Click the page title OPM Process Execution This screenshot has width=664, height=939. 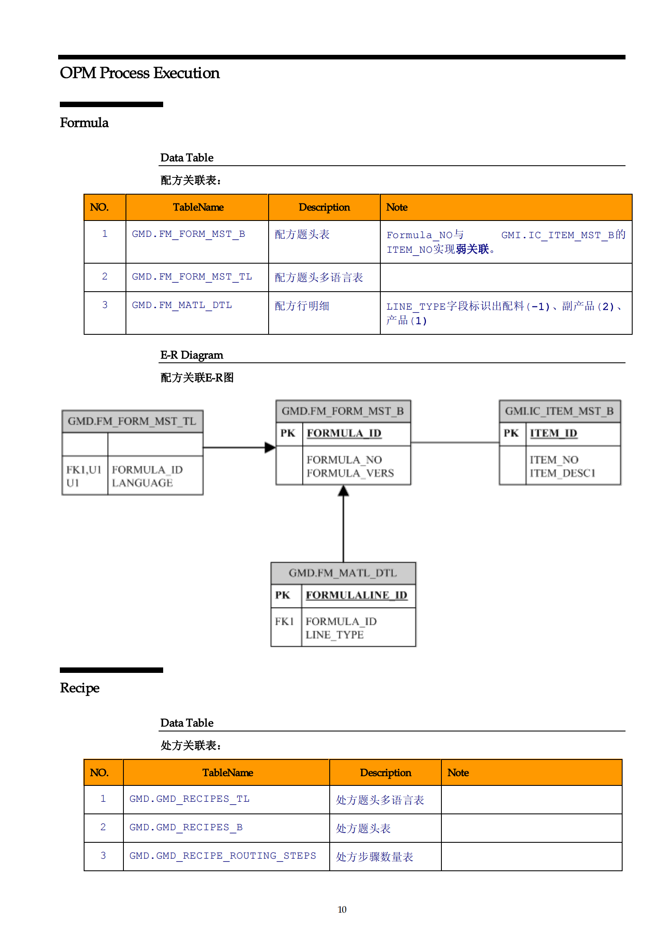(x=139, y=73)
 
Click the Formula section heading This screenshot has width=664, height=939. (x=84, y=123)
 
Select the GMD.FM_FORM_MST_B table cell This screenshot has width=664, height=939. (x=188, y=234)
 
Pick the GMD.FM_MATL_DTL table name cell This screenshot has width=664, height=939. (x=182, y=305)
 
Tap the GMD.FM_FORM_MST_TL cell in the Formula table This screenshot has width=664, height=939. (x=192, y=277)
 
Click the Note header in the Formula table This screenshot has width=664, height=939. (x=397, y=207)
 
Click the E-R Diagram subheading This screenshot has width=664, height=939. (x=192, y=355)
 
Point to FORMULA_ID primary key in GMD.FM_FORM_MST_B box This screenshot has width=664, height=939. (x=344, y=433)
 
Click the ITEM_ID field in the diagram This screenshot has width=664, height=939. (x=553, y=433)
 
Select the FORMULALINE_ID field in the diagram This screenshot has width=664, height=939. (x=356, y=595)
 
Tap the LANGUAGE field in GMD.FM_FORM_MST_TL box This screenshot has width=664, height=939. (x=142, y=483)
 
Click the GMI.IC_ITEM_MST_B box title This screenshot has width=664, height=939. (x=559, y=411)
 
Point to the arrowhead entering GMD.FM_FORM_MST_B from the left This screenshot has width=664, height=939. (x=270, y=447)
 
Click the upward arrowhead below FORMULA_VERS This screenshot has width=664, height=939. (x=344, y=491)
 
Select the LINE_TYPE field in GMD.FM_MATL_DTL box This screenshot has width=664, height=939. (x=334, y=635)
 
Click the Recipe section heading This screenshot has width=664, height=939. (x=79, y=688)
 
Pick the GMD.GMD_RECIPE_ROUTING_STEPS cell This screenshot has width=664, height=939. (x=223, y=856)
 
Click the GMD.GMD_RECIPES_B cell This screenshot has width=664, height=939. (x=186, y=827)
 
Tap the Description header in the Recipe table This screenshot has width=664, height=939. (x=385, y=772)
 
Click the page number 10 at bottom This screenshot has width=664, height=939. (x=342, y=909)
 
